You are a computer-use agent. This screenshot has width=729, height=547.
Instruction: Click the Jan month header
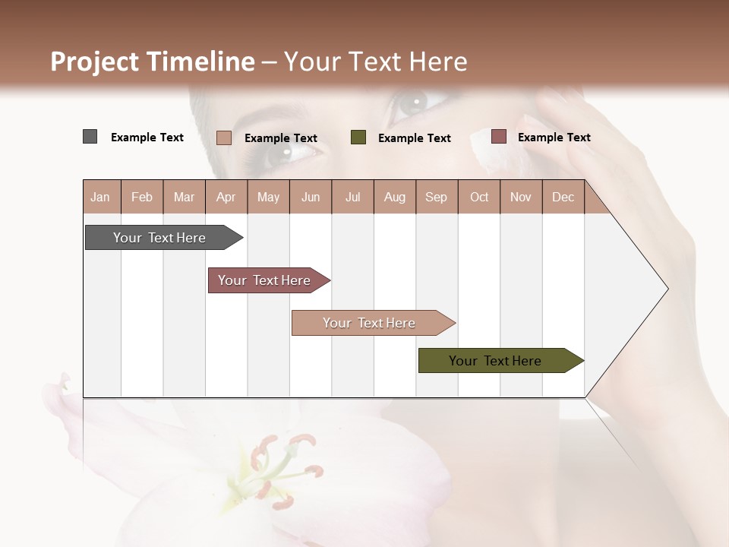pos(100,197)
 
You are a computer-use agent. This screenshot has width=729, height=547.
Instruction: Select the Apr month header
pos(226,197)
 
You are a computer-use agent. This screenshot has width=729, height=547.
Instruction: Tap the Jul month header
pos(352,197)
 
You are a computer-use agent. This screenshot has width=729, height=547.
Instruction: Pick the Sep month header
pos(436,197)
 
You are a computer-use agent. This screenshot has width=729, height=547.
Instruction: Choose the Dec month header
pos(563,197)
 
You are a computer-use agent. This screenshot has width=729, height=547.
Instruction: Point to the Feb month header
pos(142,197)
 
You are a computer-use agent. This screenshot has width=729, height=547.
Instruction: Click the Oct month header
pos(479,197)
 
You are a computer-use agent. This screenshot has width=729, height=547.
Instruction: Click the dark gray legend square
pos(90,137)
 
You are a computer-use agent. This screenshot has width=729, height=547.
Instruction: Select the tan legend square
pos(223,138)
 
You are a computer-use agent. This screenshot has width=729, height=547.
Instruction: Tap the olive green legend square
pos(358,138)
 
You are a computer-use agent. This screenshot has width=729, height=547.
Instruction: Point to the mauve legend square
pos(498,137)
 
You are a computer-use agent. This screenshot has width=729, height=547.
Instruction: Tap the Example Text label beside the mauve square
pos(554,138)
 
